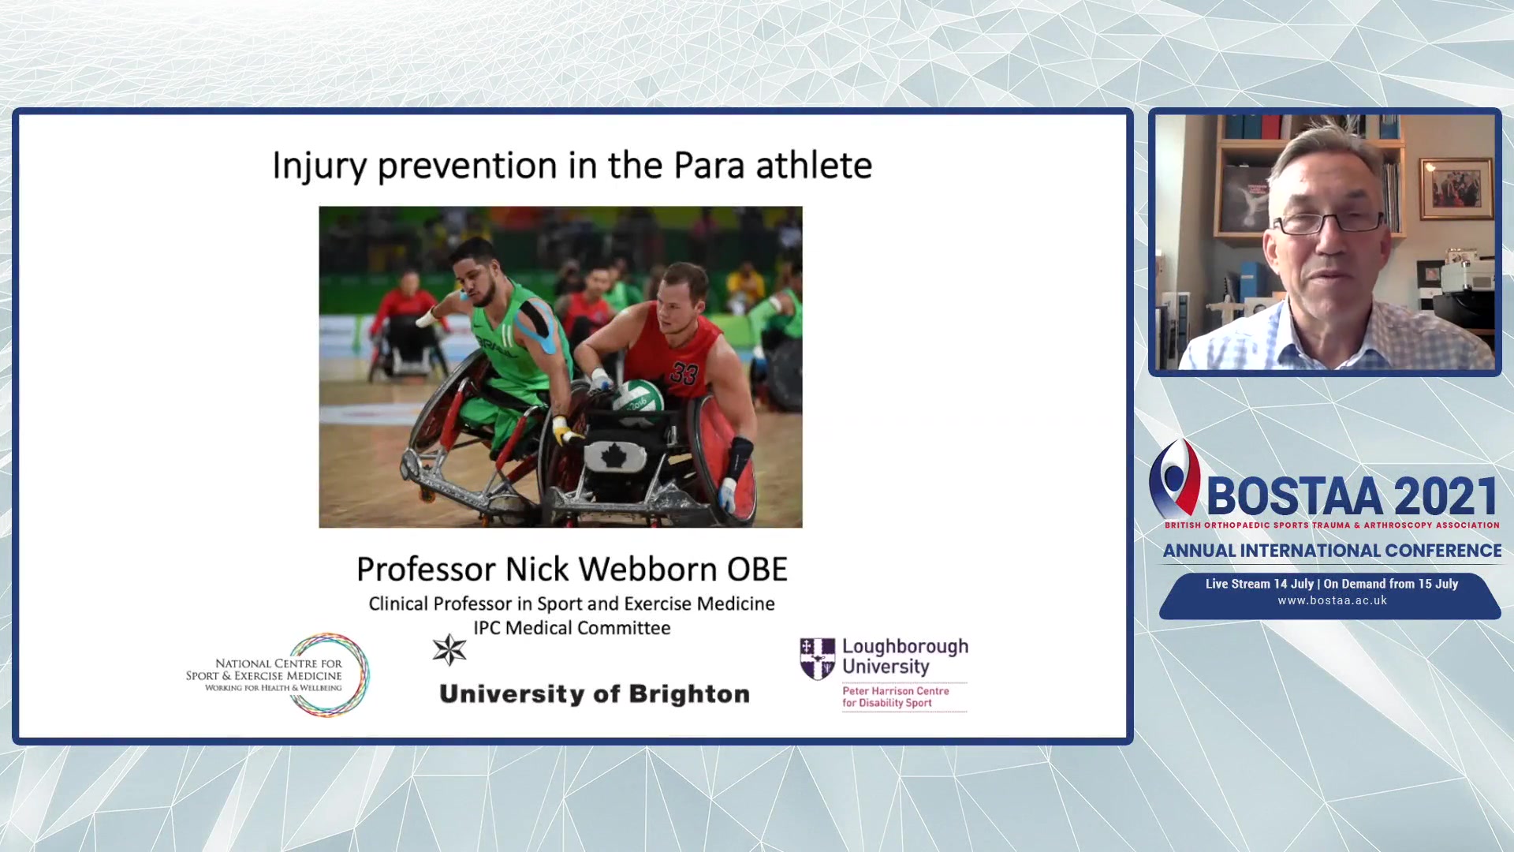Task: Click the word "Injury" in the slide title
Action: pos(319,166)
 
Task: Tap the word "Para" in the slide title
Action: pos(709,166)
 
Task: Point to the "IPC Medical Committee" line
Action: pos(572,628)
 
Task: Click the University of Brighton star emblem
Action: pos(449,650)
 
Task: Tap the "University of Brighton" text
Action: pos(595,694)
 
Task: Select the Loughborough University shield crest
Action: pos(817,659)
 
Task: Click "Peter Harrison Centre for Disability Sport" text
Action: pos(896,697)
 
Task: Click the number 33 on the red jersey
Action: pos(684,373)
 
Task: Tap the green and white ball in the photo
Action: pos(638,396)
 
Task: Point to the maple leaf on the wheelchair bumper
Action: pos(613,455)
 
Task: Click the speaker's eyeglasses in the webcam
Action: pos(1329,223)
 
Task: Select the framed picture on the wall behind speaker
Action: pos(1456,189)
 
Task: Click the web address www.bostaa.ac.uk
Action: pos(1332,600)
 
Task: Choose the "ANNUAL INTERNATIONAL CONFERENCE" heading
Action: pos(1332,551)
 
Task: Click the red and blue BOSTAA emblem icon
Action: pos(1175,478)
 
